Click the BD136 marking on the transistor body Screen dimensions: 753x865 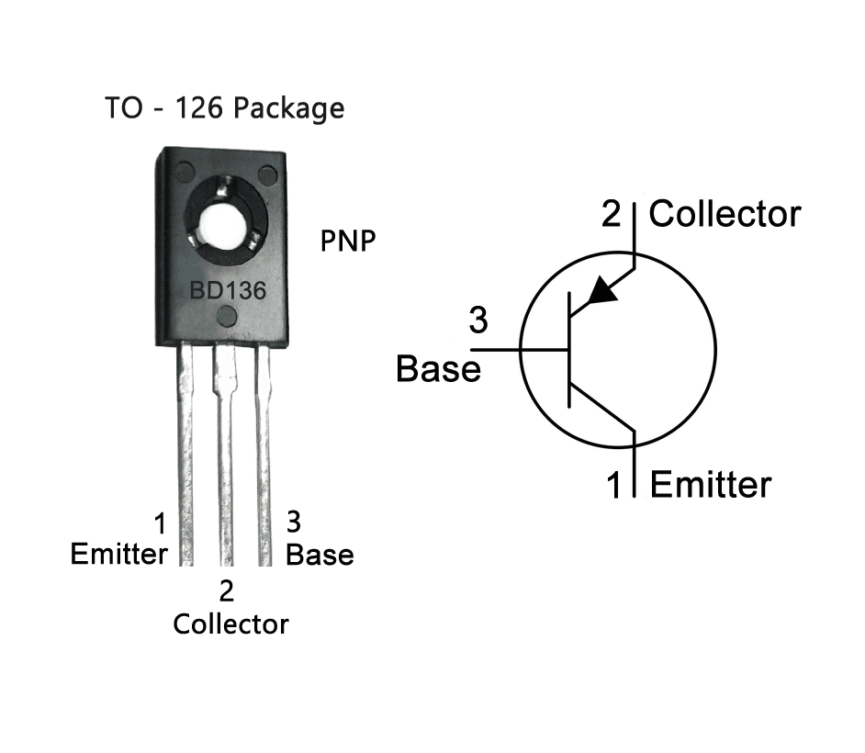click(228, 292)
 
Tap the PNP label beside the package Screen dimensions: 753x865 click(348, 242)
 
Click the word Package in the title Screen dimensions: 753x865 click(288, 108)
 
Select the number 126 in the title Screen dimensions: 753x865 click(201, 108)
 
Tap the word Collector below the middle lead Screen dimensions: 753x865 click(230, 624)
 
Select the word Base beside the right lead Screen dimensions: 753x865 click(320, 555)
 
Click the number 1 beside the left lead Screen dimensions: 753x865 click(161, 525)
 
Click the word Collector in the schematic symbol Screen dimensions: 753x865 click(725, 215)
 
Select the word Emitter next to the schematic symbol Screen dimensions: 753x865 click(711, 484)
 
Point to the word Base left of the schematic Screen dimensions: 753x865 click(438, 369)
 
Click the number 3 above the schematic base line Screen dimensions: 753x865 click(478, 321)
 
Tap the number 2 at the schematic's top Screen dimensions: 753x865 click(611, 215)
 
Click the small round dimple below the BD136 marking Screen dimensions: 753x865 click(226, 319)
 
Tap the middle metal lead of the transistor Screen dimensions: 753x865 click(225, 459)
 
